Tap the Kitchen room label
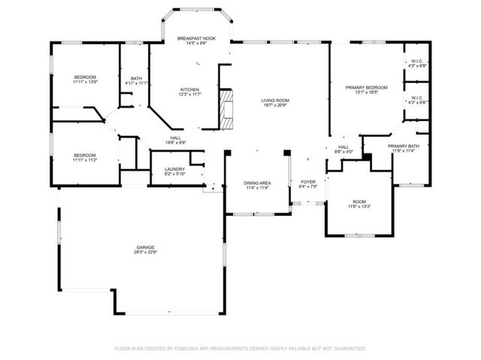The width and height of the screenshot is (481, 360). [189, 89]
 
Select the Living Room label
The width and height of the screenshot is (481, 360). [274, 100]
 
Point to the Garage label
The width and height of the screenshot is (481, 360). [145, 247]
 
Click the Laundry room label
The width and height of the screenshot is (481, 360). [174, 169]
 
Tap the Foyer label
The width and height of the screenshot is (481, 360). [308, 182]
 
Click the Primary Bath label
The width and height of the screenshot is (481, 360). [403, 146]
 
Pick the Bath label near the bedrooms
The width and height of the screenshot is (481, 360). [136, 78]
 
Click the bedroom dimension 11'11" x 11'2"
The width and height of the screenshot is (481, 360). [84, 160]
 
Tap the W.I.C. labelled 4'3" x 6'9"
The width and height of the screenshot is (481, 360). [417, 66]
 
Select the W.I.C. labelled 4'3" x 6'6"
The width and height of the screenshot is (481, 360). [417, 102]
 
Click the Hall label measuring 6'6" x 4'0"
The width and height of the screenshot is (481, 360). [343, 152]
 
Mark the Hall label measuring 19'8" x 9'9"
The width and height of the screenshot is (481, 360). [175, 143]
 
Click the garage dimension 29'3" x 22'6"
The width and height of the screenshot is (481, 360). [145, 253]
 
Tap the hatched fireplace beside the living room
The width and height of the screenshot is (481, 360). [222, 107]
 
